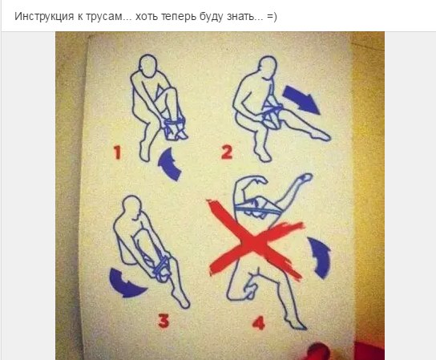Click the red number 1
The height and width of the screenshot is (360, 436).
click(x=118, y=152)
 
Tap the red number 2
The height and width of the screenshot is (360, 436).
click(x=227, y=152)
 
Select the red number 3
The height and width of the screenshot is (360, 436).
click(x=163, y=321)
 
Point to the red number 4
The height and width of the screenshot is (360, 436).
click(x=259, y=323)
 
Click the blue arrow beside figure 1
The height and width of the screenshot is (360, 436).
click(x=168, y=164)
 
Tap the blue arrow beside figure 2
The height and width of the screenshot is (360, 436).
click(x=301, y=99)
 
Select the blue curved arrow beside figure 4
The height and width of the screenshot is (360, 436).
click(x=321, y=257)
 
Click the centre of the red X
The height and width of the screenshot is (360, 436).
click(x=254, y=243)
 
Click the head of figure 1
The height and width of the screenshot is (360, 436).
click(x=148, y=65)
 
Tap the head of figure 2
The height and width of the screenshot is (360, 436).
click(x=267, y=67)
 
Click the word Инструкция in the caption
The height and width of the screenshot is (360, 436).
click(x=44, y=17)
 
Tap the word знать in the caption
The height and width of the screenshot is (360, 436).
click(x=240, y=17)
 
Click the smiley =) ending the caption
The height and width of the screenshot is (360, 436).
click(x=272, y=17)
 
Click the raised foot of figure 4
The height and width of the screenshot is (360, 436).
click(x=305, y=177)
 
